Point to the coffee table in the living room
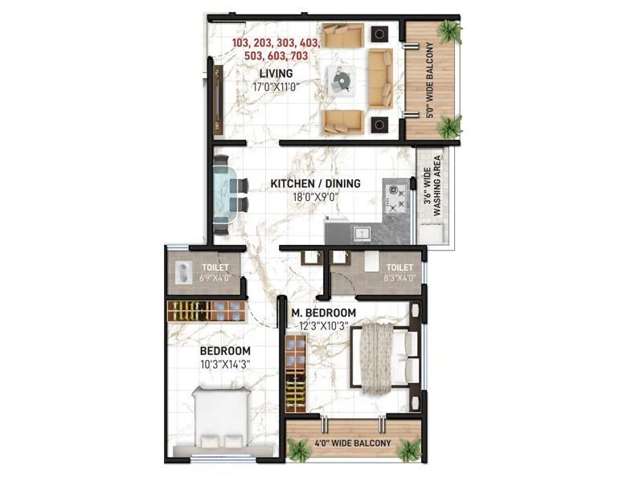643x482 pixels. click(342, 80)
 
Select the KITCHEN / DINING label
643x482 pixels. click(315, 184)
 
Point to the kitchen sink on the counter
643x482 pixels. click(362, 234)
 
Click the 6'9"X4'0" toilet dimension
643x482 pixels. click(215, 279)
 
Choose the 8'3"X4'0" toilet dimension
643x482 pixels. click(399, 279)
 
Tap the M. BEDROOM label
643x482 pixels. click(324, 312)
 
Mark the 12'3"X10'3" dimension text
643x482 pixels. click(324, 325)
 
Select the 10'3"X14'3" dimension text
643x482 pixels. click(225, 364)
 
